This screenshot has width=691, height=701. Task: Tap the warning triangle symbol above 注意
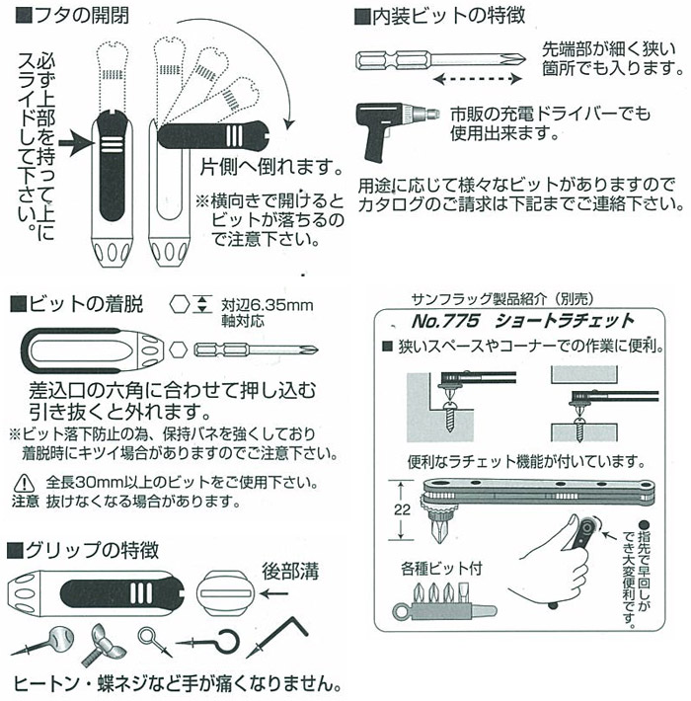click(24, 483)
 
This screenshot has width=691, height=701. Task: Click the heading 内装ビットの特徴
click(439, 16)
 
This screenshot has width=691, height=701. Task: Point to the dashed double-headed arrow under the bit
click(478, 80)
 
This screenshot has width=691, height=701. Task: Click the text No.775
click(445, 321)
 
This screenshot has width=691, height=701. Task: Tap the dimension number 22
click(402, 509)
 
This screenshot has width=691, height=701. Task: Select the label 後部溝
click(290, 572)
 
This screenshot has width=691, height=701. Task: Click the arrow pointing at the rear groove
click(274, 593)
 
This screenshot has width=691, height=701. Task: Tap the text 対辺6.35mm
click(268, 305)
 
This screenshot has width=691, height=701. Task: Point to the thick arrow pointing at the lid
click(77, 143)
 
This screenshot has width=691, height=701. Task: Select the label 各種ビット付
click(441, 569)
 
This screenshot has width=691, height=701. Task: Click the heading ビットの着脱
click(76, 304)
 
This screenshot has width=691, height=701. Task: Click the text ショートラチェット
click(565, 321)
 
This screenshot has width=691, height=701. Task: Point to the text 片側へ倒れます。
click(271, 167)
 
